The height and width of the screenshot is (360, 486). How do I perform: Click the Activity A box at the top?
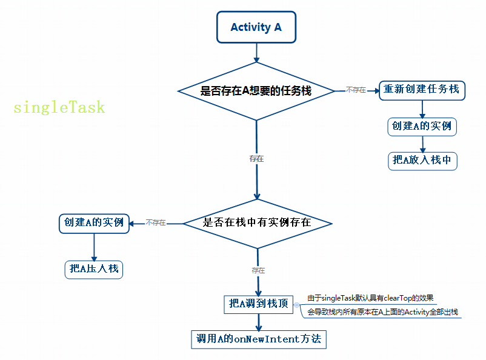pyautogui.click(x=256, y=27)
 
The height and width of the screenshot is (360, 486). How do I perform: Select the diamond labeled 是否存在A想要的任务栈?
pyautogui.click(x=256, y=91)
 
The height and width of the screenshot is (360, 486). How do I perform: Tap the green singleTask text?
pyautogui.click(x=59, y=108)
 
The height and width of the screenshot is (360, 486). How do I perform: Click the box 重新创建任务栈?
pyautogui.click(x=422, y=90)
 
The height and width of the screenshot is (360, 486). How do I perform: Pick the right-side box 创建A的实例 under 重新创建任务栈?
pyautogui.click(x=422, y=126)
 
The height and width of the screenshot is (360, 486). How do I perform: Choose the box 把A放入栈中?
pyautogui.click(x=422, y=160)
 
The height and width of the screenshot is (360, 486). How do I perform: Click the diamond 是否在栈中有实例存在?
pyautogui.click(x=257, y=223)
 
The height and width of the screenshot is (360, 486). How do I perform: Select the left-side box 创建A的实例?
pyautogui.click(x=94, y=222)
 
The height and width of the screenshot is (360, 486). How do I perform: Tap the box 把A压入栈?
pyautogui.click(x=94, y=268)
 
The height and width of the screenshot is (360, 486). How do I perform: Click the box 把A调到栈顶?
pyautogui.click(x=259, y=304)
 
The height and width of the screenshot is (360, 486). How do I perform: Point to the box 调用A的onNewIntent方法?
pyautogui.click(x=259, y=339)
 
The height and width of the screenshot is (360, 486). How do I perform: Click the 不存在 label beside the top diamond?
pyautogui.click(x=356, y=90)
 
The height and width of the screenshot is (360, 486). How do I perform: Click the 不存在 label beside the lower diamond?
pyautogui.click(x=156, y=223)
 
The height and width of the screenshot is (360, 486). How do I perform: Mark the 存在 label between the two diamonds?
pyautogui.click(x=256, y=158)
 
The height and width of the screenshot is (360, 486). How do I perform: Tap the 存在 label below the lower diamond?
pyautogui.click(x=258, y=270)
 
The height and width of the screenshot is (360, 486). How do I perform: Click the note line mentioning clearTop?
pyautogui.click(x=371, y=298)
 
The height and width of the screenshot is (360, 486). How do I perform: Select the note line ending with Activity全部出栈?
pyautogui.click(x=382, y=312)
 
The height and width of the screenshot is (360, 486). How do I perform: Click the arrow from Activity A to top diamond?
pyautogui.click(x=256, y=53)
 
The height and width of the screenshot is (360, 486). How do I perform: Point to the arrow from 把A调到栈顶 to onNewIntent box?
pyautogui.click(x=259, y=322)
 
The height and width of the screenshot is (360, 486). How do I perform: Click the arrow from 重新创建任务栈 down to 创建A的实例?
pyautogui.click(x=422, y=108)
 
